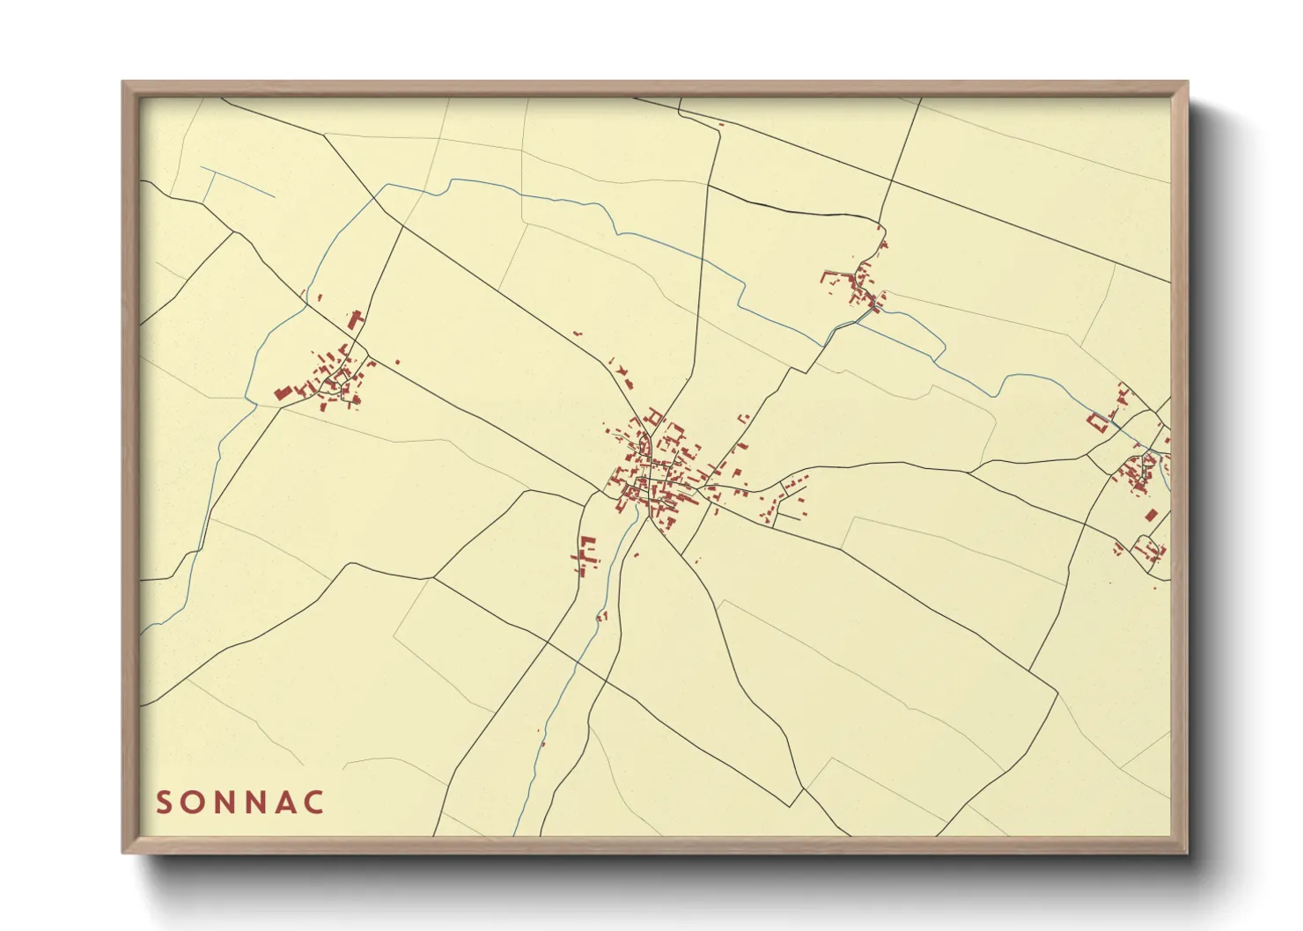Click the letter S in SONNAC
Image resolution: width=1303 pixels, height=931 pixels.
pyautogui.click(x=164, y=803)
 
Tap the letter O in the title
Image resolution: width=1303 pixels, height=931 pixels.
pyautogui.click(x=195, y=803)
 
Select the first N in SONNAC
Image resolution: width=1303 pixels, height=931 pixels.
pyautogui.click(x=226, y=803)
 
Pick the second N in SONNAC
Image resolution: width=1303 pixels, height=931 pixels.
pyautogui.click(x=259, y=803)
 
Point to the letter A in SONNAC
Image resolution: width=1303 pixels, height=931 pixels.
pyautogui.click(x=288, y=803)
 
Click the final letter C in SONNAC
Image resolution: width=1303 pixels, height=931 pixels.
pyautogui.click(x=316, y=803)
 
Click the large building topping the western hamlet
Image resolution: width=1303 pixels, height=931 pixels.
pyautogui.click(x=357, y=319)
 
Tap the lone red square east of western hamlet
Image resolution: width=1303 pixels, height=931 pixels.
pyautogui.click(x=397, y=361)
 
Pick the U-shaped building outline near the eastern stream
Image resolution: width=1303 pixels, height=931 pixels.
pyautogui.click(x=1097, y=422)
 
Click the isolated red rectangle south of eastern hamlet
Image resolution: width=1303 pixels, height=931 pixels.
pyautogui.click(x=1151, y=516)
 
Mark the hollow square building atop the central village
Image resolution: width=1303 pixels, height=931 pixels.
pyautogui.click(x=654, y=415)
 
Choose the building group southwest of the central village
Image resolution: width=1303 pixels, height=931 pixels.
pyautogui.click(x=585, y=554)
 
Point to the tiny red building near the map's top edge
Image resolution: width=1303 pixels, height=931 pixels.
pyautogui.click(x=721, y=125)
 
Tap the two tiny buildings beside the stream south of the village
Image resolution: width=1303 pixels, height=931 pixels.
pyautogui.click(x=602, y=616)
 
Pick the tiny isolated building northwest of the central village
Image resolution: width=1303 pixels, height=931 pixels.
pyautogui.click(x=578, y=334)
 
